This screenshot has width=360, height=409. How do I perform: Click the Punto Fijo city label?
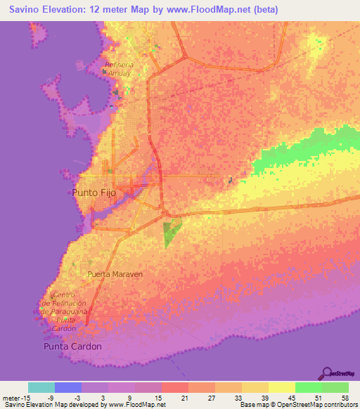(x=97, y=192)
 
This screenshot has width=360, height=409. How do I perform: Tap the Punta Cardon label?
(x=72, y=346)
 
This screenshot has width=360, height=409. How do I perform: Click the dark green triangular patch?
(x=170, y=231)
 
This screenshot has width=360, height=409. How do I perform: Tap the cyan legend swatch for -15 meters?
(x=41, y=387)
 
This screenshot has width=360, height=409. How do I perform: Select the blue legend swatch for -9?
(x=67, y=387)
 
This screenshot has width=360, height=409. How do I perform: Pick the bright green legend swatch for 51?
(x=308, y=387)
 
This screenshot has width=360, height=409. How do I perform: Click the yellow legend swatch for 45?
(x=281, y=387)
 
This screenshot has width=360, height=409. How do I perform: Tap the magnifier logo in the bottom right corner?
(x=327, y=372)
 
